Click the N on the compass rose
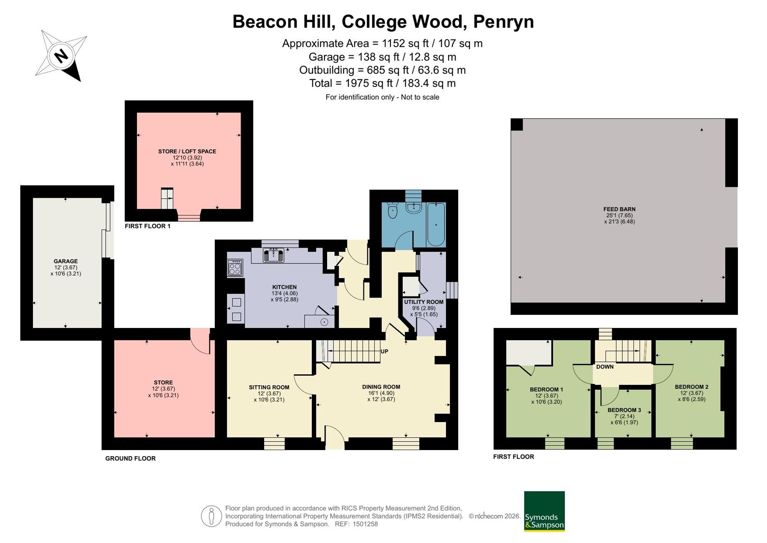pyautogui.click(x=61, y=56)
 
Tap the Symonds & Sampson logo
pyautogui.click(x=544, y=511)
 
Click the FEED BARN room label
pyautogui.click(x=619, y=209)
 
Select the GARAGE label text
pyautogui.click(x=66, y=261)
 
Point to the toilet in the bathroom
pyautogui.click(x=392, y=210)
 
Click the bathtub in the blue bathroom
pyautogui.click(x=436, y=225)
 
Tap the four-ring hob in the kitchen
pyautogui.click(x=235, y=268)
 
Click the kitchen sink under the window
pyautogui.click(x=273, y=255)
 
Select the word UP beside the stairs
pyautogui.click(x=384, y=351)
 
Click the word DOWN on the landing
pyautogui.click(x=605, y=367)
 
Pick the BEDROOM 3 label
pyautogui.click(x=624, y=410)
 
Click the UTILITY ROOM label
pyautogui.click(x=424, y=302)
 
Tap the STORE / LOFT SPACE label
pyautogui.click(x=187, y=151)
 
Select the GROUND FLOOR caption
pyautogui.click(x=130, y=458)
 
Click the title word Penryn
pyautogui.click(x=504, y=22)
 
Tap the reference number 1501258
pyautogui.click(x=365, y=524)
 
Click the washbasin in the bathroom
pyautogui.click(x=414, y=208)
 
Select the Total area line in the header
pyautogui.click(x=382, y=83)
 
